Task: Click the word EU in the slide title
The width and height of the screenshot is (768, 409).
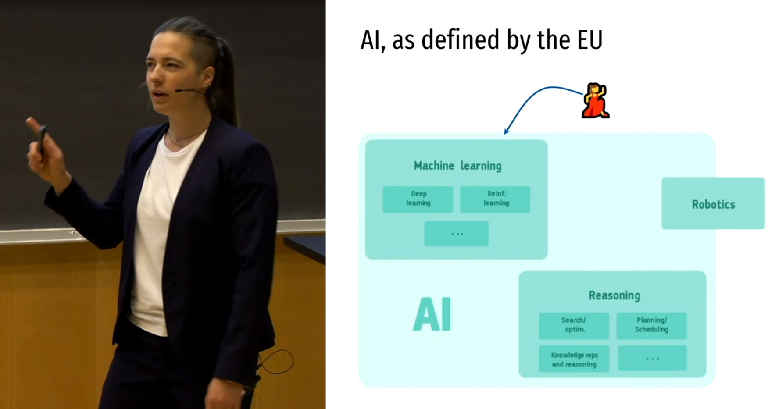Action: coord(590,39)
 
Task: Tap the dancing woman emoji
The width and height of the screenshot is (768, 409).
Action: coord(595,100)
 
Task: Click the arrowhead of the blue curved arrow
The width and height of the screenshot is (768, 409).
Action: coord(506,131)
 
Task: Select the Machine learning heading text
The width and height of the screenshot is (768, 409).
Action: coord(457,166)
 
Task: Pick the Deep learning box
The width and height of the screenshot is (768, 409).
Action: coord(418,199)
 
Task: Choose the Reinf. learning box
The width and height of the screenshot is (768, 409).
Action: coord(495,199)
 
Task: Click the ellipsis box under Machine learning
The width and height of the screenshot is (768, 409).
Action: coord(456,234)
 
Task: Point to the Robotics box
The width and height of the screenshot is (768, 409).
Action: coord(713,203)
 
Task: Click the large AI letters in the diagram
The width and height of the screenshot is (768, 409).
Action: coord(432,314)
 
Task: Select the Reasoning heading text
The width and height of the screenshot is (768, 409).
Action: coord(614,295)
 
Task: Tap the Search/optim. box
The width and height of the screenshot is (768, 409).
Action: coord(574,326)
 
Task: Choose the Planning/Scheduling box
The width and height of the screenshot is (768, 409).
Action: coord(651,326)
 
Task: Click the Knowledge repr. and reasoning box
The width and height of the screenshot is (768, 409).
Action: coord(574,359)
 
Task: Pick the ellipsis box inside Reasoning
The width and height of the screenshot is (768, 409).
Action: coord(652,359)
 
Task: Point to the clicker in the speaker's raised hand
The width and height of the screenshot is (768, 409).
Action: coord(41,139)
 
